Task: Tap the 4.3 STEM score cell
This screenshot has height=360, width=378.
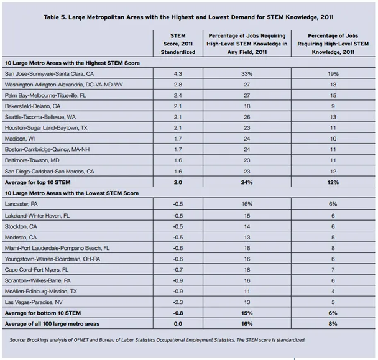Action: tap(178, 73)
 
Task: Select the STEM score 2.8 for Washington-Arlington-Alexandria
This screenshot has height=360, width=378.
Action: tap(178, 84)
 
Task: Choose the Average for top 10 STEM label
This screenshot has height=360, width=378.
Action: tap(45, 182)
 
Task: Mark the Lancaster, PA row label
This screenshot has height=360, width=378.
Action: tap(23, 204)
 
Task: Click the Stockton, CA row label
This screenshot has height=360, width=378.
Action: tap(22, 226)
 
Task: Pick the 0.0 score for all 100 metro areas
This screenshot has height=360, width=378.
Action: tap(178, 323)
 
